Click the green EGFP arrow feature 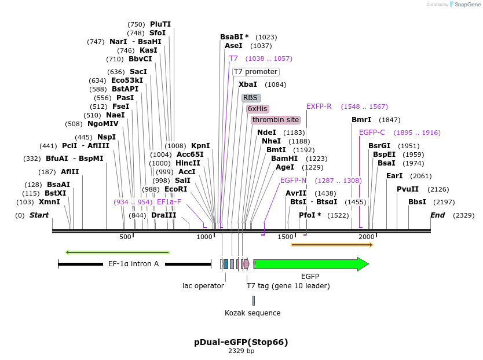point(310,264)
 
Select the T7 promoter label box point(255,72)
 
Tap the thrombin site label point(276,120)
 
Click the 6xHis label point(258,109)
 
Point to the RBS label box point(251,98)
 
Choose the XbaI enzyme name point(248,85)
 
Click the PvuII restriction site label point(408,189)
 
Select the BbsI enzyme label point(417,202)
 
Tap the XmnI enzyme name point(49,202)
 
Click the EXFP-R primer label point(319,106)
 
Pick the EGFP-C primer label point(372,133)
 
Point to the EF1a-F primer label point(169,202)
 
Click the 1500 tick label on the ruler point(286,237)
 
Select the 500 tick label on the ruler point(125,237)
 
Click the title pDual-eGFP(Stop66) point(241,342)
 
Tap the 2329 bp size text point(241,351)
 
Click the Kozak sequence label point(253,313)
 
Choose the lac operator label point(203,286)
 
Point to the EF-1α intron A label point(134,264)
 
